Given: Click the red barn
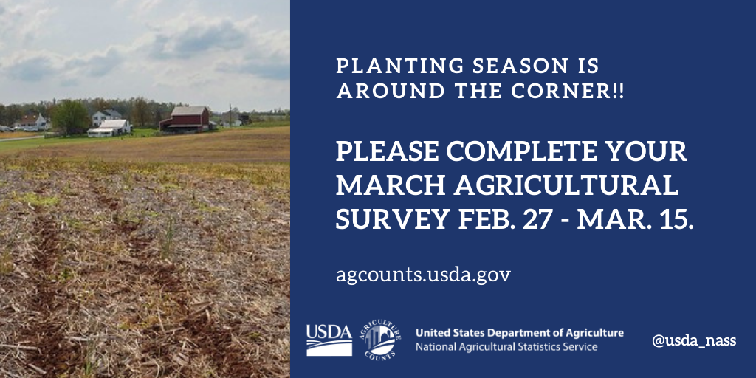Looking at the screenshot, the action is pos(185,119).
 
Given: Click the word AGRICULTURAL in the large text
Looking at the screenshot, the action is pos(566,185).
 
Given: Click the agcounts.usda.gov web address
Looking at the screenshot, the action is pos(423,276).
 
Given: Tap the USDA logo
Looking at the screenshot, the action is pos(329,340).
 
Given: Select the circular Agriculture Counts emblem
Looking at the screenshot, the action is pos(379,340).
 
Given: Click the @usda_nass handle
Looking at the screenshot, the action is pos(694,341).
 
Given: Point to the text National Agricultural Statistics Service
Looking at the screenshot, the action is pos(506,347).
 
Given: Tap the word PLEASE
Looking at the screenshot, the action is pos(387,151).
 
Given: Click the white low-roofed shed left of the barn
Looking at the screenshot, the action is pos(109,128).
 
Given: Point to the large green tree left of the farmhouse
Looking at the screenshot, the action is pos(70,117).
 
